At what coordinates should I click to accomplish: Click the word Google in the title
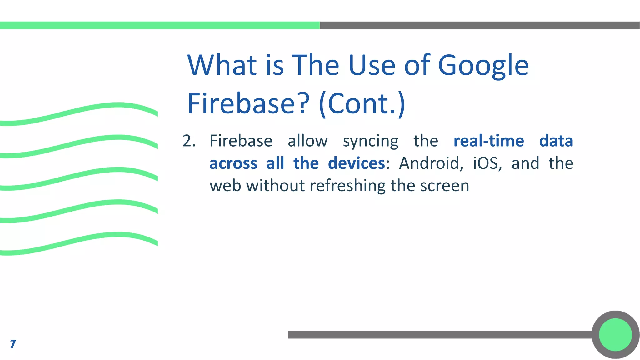[483, 66]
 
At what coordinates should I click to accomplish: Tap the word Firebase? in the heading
[248, 103]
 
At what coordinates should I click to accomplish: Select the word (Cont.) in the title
[362, 103]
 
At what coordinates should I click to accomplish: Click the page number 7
[13, 344]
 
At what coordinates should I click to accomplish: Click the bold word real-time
[488, 141]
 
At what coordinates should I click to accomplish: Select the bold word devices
[356, 163]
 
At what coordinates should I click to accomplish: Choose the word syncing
[371, 141]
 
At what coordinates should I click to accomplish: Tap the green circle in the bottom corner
[615, 335]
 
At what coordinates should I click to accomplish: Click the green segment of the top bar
[159, 25]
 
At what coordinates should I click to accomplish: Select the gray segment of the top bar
[480, 25]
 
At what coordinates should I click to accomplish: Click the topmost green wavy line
[78, 112]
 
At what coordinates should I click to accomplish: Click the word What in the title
[222, 66]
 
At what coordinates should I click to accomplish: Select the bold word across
[233, 163]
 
